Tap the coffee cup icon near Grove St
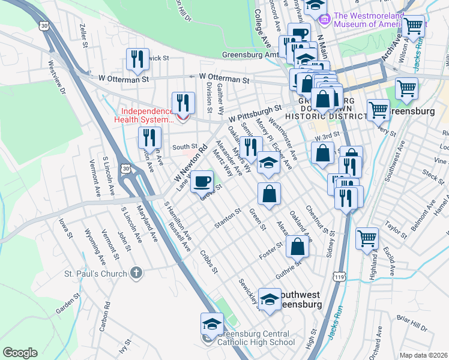point(202,180)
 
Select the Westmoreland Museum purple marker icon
point(325,20)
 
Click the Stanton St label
point(228,219)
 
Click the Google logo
point(20,353)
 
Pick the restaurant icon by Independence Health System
point(182,103)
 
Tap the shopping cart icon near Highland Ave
point(367,238)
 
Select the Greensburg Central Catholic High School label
point(256,338)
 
